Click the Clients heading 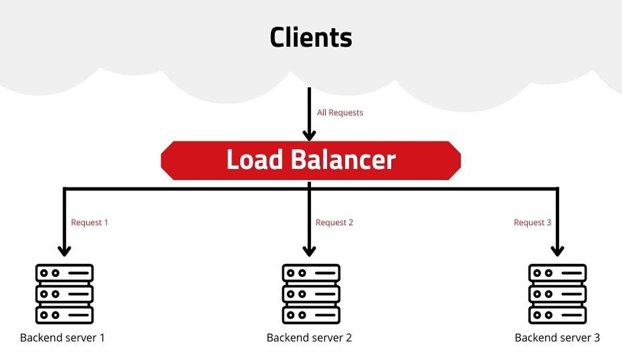coord(311,37)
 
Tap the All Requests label coord(340,112)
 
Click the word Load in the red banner coord(255,159)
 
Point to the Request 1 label coord(89,223)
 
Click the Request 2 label coord(334,223)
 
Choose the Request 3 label coord(532,223)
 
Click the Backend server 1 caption coord(63,338)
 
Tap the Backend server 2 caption coord(309,338)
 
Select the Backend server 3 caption coord(557,338)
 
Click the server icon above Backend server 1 coord(64,294)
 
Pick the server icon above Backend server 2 coord(311,294)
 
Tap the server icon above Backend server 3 coord(557,294)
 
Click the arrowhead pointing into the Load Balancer coord(309,136)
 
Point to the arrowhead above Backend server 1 coord(64,251)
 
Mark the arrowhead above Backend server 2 coord(309,251)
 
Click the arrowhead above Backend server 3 coord(557,251)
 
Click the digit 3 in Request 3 coord(549,223)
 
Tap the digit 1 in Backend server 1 coord(103,338)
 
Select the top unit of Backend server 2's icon coord(311,273)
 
